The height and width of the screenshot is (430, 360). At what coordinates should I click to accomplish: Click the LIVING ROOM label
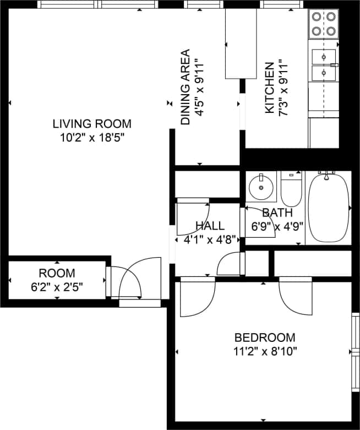click(x=92, y=123)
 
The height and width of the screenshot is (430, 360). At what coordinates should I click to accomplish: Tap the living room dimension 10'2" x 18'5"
click(x=92, y=137)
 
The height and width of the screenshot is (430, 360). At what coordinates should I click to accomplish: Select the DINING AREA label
click(x=186, y=87)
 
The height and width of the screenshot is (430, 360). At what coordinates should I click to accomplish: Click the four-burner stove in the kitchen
click(x=324, y=24)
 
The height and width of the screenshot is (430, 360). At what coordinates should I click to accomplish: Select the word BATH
click(x=277, y=213)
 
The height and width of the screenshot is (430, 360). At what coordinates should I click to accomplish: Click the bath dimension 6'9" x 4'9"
click(x=277, y=226)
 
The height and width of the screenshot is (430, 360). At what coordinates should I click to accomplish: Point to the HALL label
click(x=210, y=226)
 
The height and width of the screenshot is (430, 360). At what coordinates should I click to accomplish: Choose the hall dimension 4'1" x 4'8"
click(x=210, y=239)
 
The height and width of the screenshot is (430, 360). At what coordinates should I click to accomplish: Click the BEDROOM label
click(x=265, y=338)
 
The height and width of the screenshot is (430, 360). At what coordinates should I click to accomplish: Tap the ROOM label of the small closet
click(x=57, y=273)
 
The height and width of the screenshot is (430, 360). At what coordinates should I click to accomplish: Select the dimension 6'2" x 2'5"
click(x=57, y=286)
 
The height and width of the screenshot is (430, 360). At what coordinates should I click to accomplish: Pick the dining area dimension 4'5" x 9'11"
click(x=199, y=87)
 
